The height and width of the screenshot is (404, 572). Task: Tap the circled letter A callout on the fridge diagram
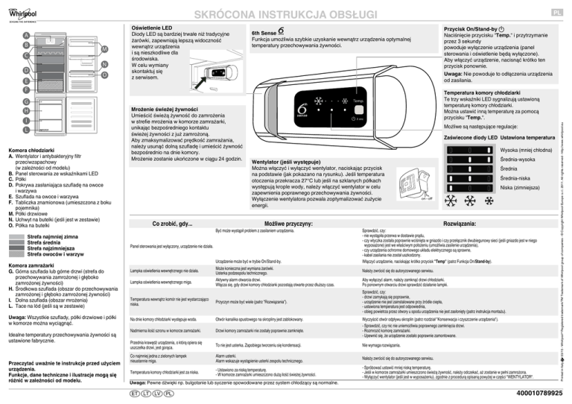[27, 35]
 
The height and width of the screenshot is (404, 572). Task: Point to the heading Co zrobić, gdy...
[172, 224]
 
